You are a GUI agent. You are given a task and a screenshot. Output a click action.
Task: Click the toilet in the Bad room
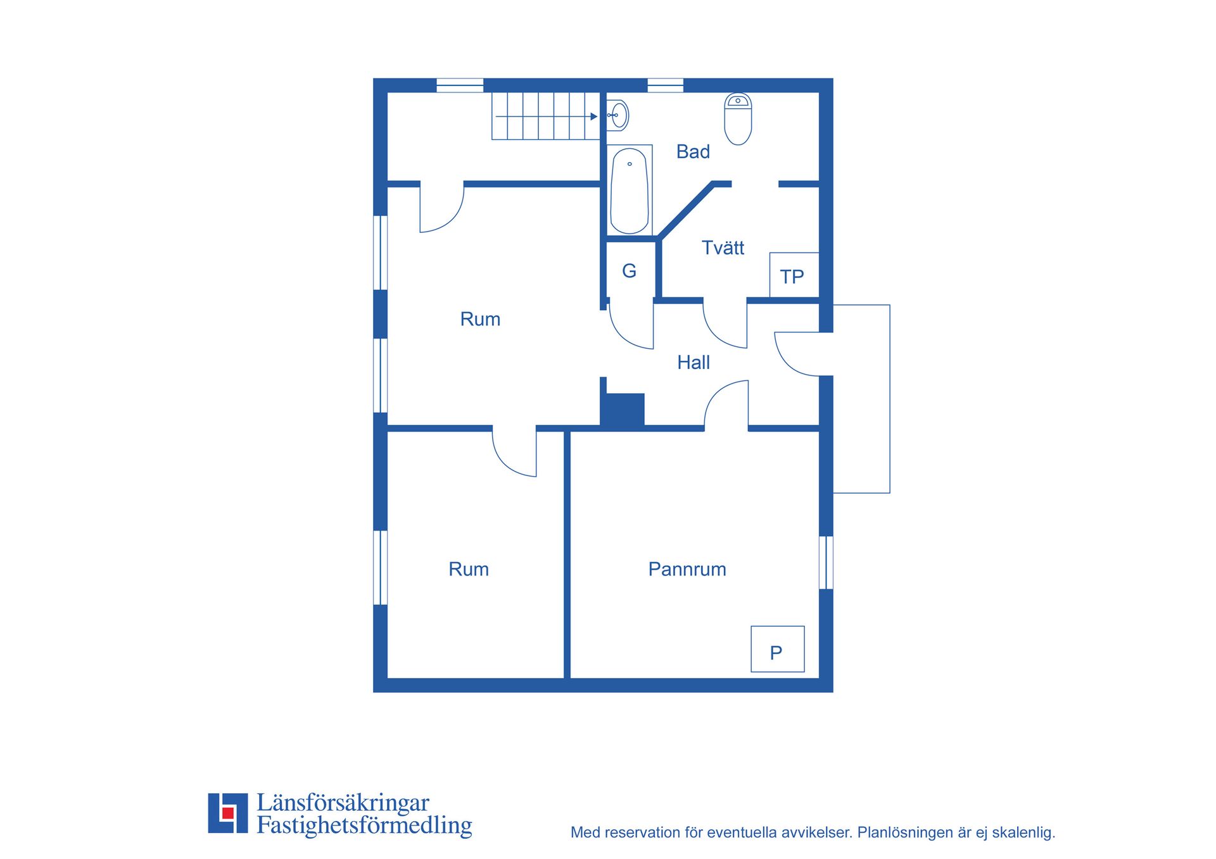pos(738,119)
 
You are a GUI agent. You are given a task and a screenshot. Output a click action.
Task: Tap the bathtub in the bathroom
pos(630,191)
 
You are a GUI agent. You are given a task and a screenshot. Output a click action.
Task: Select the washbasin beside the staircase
pos(618,115)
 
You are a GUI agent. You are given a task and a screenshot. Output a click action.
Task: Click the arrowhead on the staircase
pos(594,116)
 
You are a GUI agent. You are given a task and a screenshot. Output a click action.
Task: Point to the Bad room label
pos(693,152)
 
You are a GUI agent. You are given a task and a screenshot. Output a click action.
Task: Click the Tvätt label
pos(723,248)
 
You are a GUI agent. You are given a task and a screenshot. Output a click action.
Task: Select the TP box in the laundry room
pos(794,275)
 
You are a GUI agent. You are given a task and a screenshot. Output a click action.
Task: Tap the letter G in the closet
pos(629,271)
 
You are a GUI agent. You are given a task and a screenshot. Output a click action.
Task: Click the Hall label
pos(693,363)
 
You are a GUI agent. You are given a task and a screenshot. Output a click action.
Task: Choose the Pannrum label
pos(687,569)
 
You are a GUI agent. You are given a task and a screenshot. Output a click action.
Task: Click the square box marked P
pos(778,649)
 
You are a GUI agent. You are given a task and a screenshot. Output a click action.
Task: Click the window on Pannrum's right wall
pos(826,563)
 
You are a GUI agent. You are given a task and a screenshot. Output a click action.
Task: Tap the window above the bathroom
pos(665,85)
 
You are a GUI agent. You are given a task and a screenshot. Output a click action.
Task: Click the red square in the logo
pos(228,813)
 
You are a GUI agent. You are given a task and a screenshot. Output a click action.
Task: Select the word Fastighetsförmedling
pos(364,825)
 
